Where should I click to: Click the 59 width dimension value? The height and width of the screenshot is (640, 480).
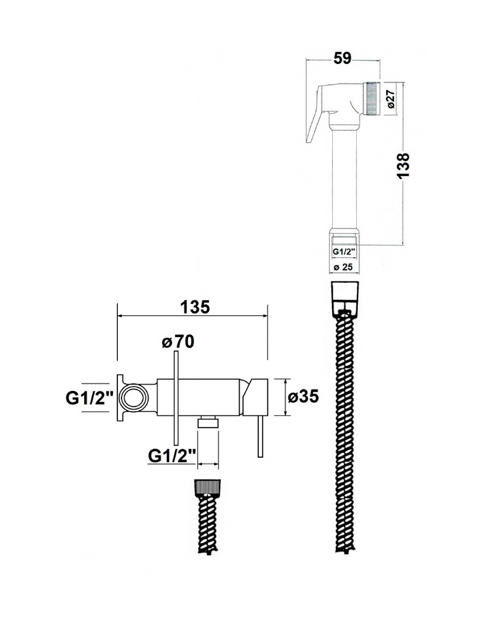(x=342, y=58)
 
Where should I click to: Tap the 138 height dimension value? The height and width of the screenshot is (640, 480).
(x=403, y=165)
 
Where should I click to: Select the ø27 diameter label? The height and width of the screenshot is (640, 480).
(x=391, y=99)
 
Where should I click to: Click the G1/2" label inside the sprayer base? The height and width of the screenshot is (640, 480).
(x=344, y=252)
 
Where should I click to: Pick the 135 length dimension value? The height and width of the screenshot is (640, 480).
(x=195, y=307)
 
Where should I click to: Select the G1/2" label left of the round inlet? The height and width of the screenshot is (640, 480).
(x=89, y=398)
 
